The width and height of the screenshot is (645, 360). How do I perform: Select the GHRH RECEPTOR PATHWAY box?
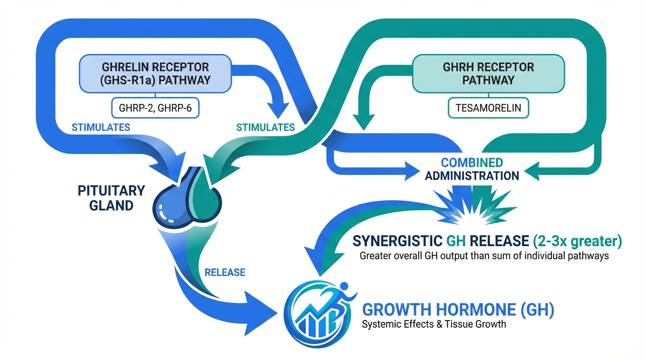point(488,73)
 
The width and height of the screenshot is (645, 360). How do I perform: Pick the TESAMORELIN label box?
point(488,108)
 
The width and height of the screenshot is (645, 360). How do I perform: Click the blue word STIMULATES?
point(101,127)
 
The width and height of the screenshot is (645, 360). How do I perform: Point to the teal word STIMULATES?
point(265,127)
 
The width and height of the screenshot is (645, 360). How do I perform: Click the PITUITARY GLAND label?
point(112,198)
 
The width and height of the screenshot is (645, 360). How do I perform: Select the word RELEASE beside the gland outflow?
point(225,272)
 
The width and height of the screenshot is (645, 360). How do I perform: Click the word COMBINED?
point(472,163)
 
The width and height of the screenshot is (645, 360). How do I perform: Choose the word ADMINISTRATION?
point(472,176)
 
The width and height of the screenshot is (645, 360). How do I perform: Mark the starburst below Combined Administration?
point(473,205)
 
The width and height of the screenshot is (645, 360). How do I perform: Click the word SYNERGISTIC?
point(396,241)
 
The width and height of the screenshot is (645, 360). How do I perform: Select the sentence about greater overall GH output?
point(484,256)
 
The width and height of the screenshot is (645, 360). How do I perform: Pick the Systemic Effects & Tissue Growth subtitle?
point(434,324)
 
